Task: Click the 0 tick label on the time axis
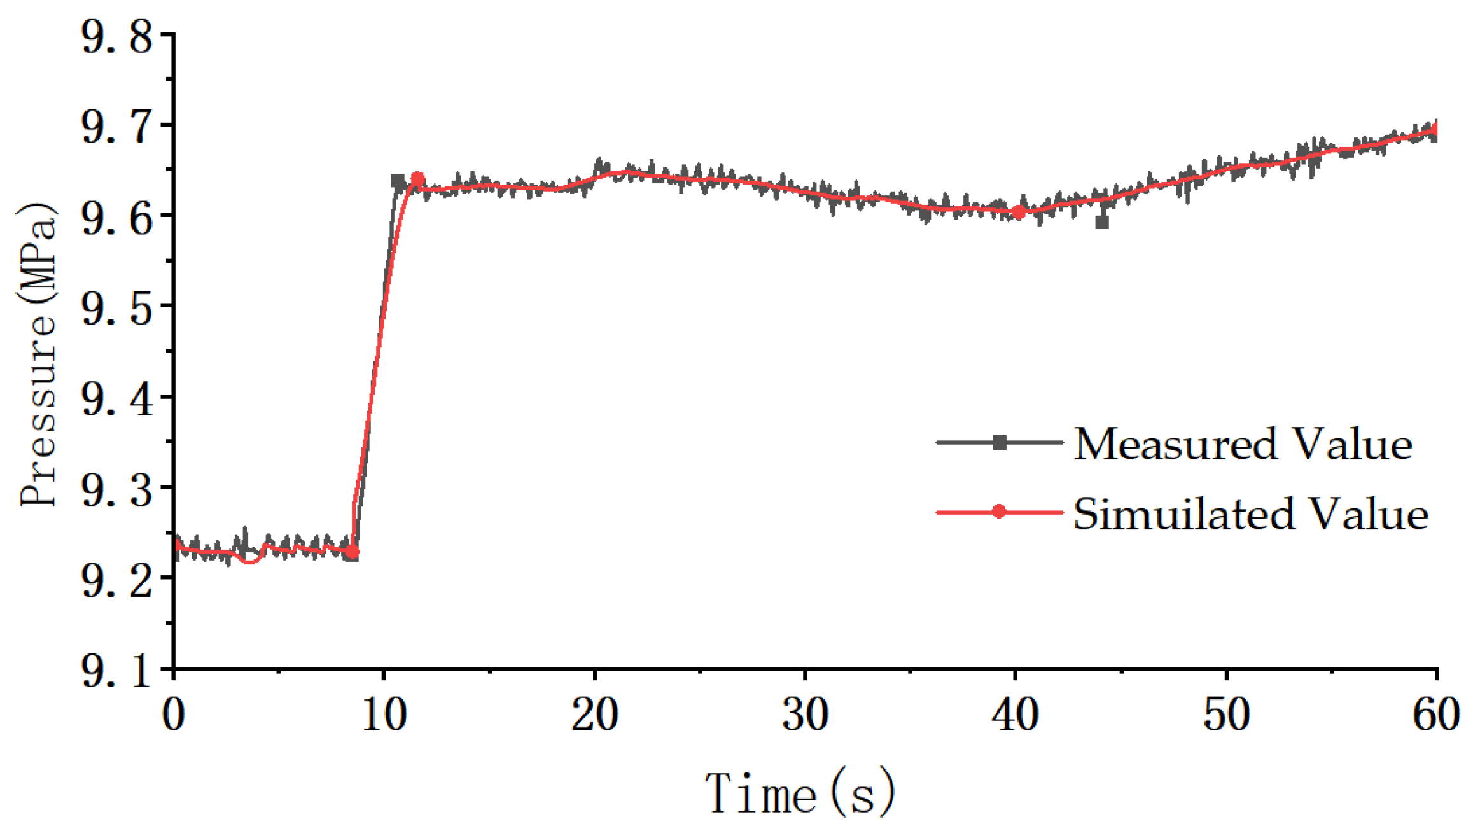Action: point(173,714)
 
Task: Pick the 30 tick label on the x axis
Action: point(805,714)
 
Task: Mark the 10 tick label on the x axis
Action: point(384,714)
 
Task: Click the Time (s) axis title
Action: point(800,793)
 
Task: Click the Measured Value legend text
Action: point(1243,443)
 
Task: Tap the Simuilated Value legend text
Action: point(1251,513)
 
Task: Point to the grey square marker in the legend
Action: point(1000,443)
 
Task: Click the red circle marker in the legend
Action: point(999,512)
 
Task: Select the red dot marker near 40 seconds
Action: point(1018,212)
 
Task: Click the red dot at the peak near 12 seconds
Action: point(417,179)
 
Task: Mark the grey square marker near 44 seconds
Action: point(1102,222)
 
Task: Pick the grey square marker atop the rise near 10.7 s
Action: point(398,181)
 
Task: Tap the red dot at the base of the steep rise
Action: point(352,552)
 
